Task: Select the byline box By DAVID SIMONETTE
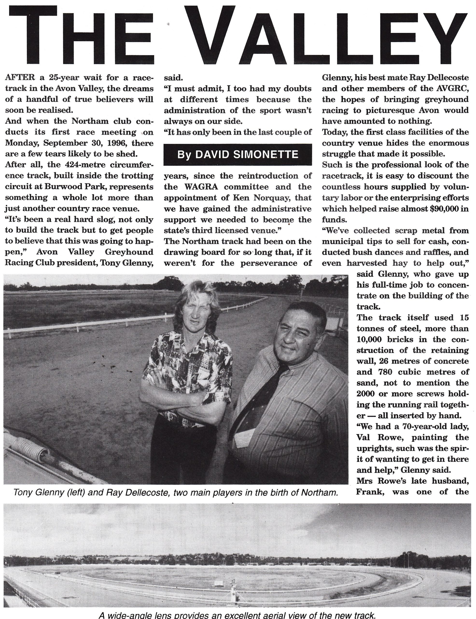pyautogui.click(x=238, y=155)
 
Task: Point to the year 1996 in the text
pyautogui.click(x=119, y=143)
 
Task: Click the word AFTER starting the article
pyautogui.click(x=20, y=77)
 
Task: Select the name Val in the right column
pyautogui.click(x=363, y=437)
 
